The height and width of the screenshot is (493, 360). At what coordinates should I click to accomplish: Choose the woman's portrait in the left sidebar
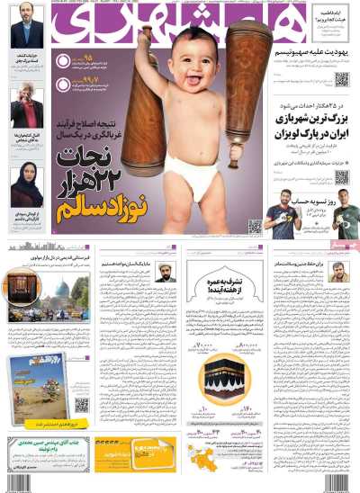[x=27, y=184]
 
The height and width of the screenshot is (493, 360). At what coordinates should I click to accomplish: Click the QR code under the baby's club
[x=256, y=225]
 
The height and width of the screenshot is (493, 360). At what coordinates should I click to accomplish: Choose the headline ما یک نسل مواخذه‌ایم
[x=136, y=266]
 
